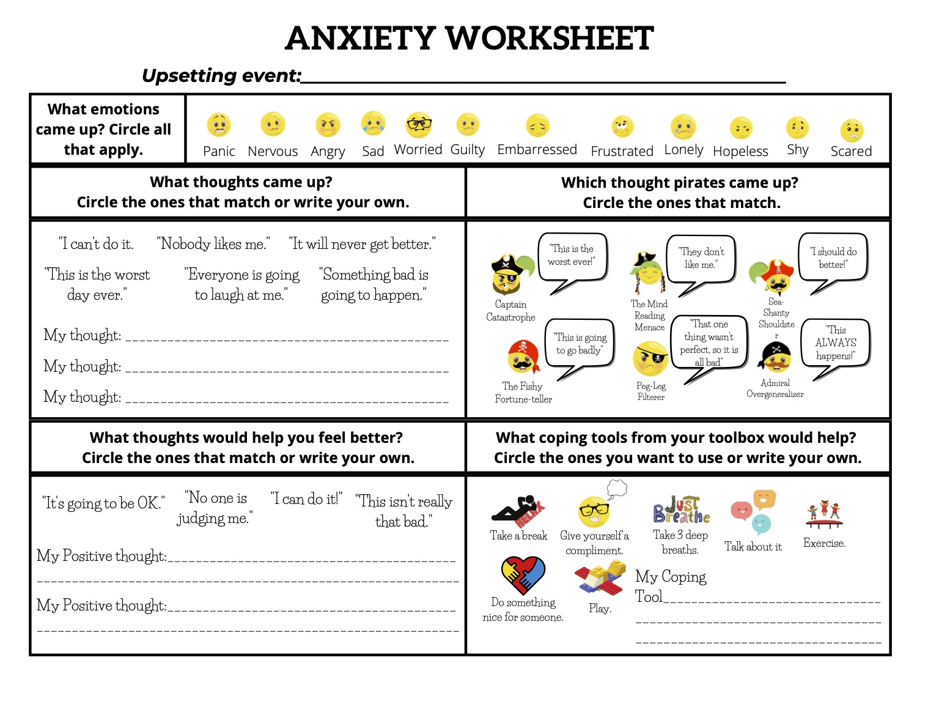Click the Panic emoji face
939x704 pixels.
(219, 125)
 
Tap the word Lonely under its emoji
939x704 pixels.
(683, 150)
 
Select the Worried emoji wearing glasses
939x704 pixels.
(419, 124)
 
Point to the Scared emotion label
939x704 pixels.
(851, 151)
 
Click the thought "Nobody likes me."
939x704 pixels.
(213, 244)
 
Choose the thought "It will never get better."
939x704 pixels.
(362, 244)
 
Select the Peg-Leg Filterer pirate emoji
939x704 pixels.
(650, 358)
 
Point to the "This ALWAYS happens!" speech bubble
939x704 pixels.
(836, 343)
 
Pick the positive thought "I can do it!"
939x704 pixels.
(306, 499)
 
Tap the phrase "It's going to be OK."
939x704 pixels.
(103, 503)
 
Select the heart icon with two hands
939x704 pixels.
(523, 575)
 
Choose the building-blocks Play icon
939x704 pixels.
(600, 578)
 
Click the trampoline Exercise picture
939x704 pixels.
(824, 516)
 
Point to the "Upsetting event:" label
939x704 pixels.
(221, 76)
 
